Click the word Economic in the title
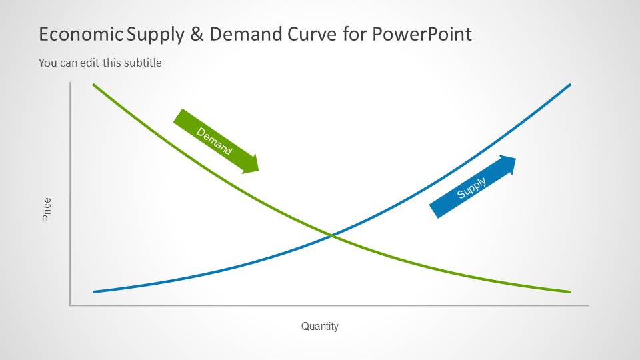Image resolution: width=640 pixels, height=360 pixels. pyautogui.click(x=81, y=34)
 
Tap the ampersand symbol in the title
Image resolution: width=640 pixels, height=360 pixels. pyautogui.click(x=197, y=34)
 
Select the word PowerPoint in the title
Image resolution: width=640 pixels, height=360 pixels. pyautogui.click(x=422, y=34)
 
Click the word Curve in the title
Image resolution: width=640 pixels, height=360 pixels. pyautogui.click(x=312, y=34)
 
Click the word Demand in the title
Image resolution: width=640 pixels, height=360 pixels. pyautogui.click(x=246, y=34)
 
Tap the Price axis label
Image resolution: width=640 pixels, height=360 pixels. pyautogui.click(x=47, y=210)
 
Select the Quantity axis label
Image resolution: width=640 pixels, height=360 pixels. pyautogui.click(x=320, y=326)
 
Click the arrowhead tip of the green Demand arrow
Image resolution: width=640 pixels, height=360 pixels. pyautogui.click(x=259, y=171)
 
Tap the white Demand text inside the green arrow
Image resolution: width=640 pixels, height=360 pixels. pyautogui.click(x=214, y=141)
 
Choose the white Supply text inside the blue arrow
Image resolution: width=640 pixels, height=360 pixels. pyautogui.click(x=471, y=188)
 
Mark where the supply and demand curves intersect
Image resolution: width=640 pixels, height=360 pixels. pyautogui.click(x=332, y=235)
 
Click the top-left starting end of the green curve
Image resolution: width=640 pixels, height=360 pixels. pyautogui.click(x=93, y=85)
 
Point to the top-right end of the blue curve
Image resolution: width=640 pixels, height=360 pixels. pyautogui.click(x=570, y=85)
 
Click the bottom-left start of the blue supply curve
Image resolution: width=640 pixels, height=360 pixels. pyautogui.click(x=93, y=292)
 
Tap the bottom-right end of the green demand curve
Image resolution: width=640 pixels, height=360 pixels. pyautogui.click(x=570, y=292)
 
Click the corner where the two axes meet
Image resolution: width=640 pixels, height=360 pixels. pyautogui.click(x=70, y=305)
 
